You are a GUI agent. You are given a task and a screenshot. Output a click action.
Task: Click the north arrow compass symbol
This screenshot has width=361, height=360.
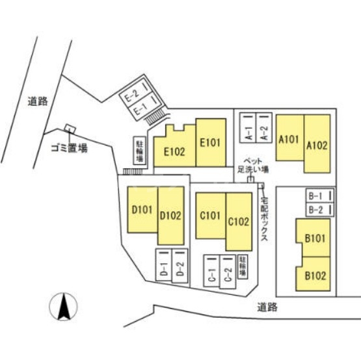point(64,307)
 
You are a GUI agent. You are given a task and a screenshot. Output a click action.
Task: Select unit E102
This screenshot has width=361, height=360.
point(174,148)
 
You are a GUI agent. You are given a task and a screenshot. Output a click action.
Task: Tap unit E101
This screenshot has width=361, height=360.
point(211,142)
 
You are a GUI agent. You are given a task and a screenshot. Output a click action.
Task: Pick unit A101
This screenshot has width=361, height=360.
point(290,138)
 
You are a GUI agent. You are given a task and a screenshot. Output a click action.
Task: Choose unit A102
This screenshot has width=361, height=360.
point(317,144)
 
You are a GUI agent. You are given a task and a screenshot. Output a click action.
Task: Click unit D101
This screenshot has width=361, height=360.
point(142,209)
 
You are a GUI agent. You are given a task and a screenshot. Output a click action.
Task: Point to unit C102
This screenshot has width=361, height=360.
point(239,222)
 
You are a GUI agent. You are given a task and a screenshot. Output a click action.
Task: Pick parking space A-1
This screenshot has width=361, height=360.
point(248,127)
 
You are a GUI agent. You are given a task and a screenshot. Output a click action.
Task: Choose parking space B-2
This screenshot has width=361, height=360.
point(320,210)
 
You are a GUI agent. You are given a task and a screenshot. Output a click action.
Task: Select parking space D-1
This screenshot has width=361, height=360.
point(164,264)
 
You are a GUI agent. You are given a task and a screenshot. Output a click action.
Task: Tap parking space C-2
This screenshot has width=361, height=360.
point(228,272)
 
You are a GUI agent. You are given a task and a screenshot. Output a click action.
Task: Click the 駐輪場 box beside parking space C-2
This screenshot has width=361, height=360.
point(243,267)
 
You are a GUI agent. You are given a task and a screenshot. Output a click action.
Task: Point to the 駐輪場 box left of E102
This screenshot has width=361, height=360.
point(140,151)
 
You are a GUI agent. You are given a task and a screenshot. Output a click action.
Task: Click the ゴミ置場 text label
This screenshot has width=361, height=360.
point(69,149)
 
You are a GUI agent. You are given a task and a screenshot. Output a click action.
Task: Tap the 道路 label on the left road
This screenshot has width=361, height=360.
point(38,101)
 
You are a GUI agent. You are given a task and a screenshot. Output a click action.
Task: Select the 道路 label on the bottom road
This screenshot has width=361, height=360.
point(267,307)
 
